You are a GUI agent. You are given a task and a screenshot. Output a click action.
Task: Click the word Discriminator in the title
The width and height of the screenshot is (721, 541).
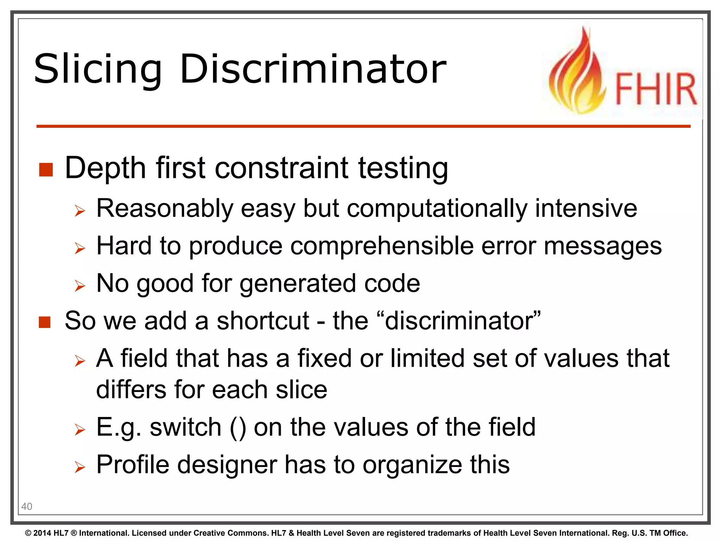click(x=313, y=69)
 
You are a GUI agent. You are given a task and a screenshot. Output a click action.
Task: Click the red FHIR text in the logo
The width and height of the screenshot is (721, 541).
click(x=656, y=89)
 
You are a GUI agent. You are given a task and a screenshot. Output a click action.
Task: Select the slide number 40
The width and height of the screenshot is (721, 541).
click(x=27, y=506)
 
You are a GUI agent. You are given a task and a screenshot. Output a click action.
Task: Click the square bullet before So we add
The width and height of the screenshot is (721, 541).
click(x=45, y=322)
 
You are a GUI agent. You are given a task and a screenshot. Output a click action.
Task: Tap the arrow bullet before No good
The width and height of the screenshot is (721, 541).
click(x=80, y=286)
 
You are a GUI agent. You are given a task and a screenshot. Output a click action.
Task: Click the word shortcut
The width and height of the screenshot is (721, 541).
click(x=263, y=321)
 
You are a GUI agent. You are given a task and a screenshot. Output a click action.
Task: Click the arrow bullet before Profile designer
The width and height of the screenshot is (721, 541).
click(x=80, y=467)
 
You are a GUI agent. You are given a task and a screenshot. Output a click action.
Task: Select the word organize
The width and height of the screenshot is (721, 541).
click(x=412, y=465)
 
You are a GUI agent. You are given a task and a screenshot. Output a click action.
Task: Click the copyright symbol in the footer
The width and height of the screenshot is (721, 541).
click(x=28, y=533)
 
